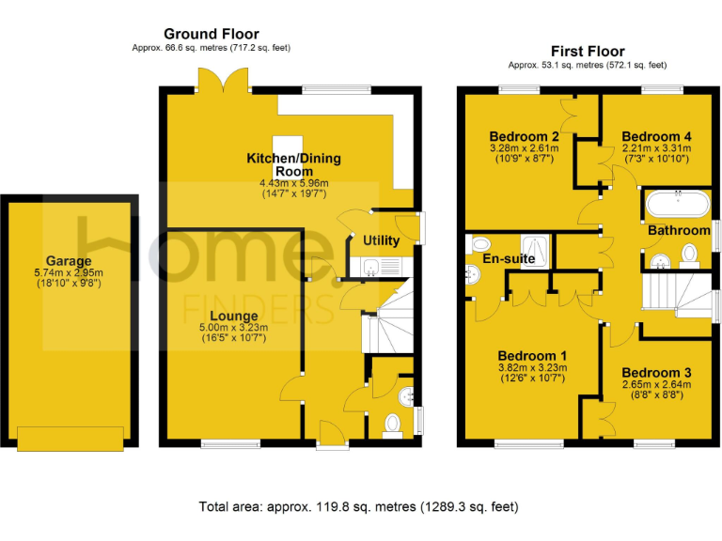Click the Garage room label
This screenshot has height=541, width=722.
[69, 261]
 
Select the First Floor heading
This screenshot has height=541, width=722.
[587, 51]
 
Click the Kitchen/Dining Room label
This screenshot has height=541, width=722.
[293, 164]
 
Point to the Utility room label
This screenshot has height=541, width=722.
[381, 240]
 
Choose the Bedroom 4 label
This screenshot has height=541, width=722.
[655, 136]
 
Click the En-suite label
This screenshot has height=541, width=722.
[509, 257]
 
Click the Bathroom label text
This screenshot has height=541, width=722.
[679, 230]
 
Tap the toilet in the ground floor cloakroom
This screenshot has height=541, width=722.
[393, 425]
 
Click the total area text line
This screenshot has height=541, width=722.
[359, 507]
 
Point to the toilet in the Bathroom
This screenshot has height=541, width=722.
[688, 254]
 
